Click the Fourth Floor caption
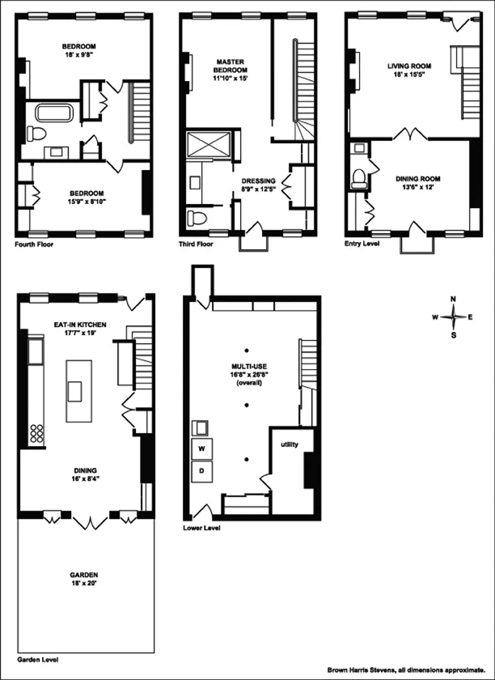click(34, 243)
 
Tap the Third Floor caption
click(197, 243)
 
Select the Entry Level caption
click(361, 243)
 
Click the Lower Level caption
click(202, 528)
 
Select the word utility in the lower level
click(290, 445)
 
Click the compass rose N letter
click(453, 299)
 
